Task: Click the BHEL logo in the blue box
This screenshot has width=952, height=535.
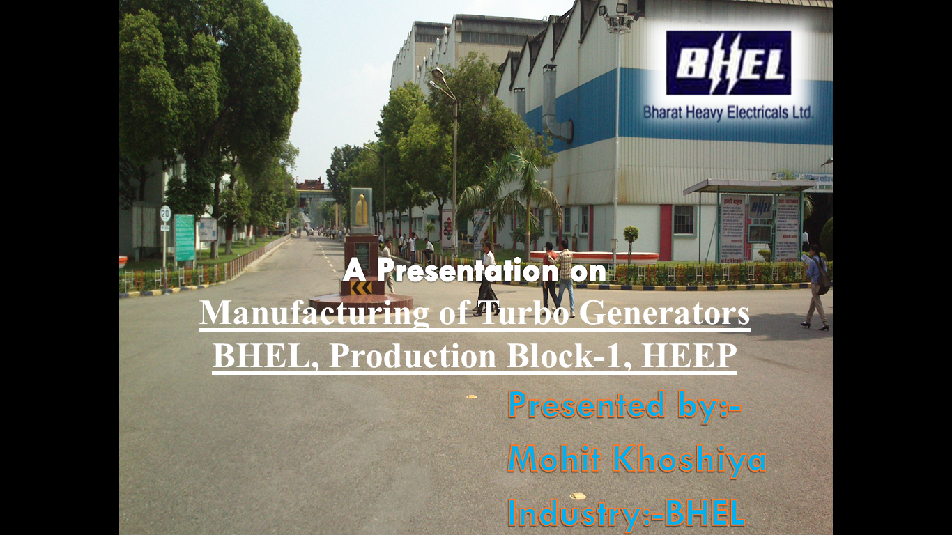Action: pyautogui.click(x=728, y=63)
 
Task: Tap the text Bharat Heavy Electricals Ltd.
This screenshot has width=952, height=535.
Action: pyautogui.click(x=728, y=113)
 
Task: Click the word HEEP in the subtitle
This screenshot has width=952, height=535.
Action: pyautogui.click(x=689, y=356)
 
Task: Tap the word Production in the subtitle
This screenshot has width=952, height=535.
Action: pyautogui.click(x=413, y=356)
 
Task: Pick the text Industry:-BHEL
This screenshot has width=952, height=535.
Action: pyautogui.click(x=627, y=513)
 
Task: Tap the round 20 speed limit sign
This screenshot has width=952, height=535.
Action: pyautogui.click(x=165, y=213)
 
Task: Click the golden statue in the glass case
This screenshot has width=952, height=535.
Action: pyautogui.click(x=361, y=210)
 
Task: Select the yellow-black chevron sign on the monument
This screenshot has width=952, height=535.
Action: pyautogui.click(x=361, y=288)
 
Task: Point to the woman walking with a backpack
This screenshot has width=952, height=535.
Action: pyautogui.click(x=816, y=287)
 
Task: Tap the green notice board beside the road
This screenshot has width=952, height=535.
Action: pyautogui.click(x=185, y=237)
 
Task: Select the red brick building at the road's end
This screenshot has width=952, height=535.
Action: pyautogui.click(x=311, y=185)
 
